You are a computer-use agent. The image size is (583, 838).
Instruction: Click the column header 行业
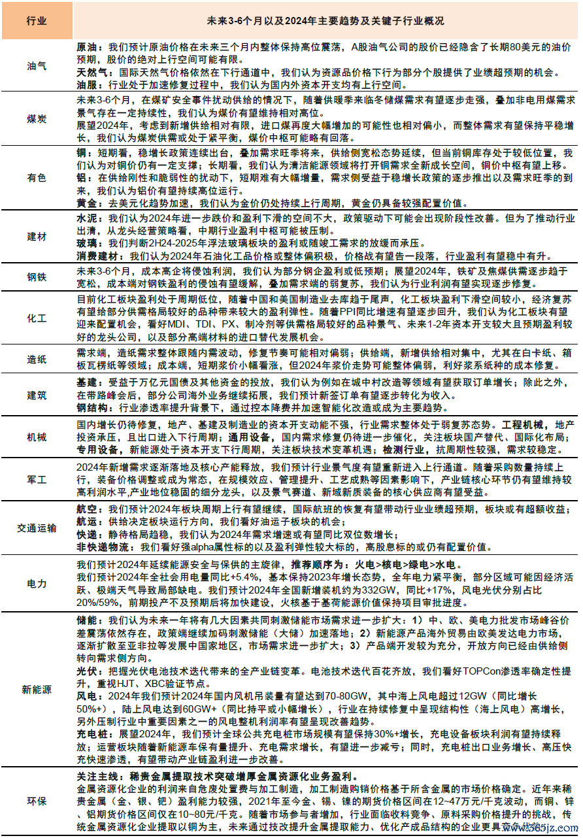click(37, 21)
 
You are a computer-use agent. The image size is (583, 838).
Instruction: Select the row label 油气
click(37, 66)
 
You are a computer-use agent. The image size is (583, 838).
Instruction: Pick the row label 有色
click(37, 178)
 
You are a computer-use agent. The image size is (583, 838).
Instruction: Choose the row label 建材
click(37, 235)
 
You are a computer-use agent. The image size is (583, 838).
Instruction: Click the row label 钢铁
click(37, 277)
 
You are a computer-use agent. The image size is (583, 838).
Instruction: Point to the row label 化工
click(37, 318)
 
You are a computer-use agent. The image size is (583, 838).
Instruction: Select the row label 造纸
click(37, 359)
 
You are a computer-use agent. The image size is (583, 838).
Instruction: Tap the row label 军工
click(37, 479)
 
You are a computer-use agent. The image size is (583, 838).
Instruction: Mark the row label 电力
click(37, 583)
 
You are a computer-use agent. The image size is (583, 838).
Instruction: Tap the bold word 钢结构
click(92, 408)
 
